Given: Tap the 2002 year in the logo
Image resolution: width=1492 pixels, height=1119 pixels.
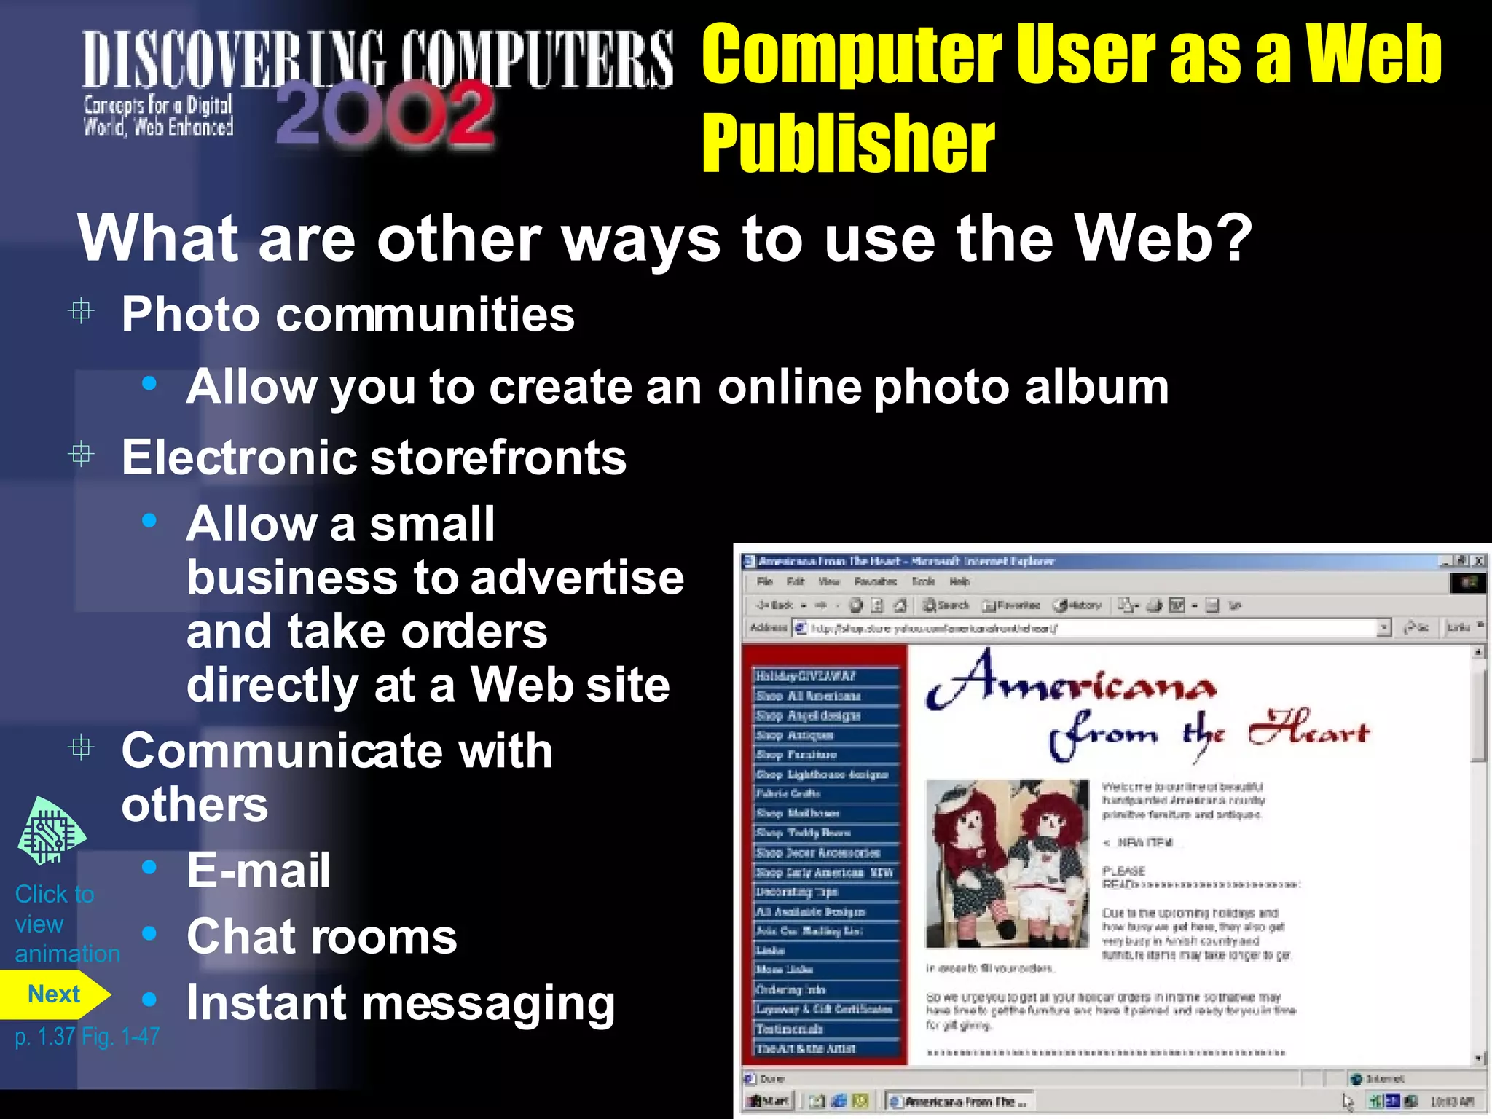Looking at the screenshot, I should click(385, 115).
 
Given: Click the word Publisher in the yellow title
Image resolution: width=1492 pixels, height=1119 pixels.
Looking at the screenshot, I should click(848, 144).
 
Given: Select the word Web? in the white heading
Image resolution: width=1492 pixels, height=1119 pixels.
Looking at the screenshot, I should click(1163, 238).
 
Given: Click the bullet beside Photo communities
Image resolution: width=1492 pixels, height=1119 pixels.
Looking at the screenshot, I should click(81, 312).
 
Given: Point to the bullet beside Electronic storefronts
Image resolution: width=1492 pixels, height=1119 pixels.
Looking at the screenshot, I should click(81, 455).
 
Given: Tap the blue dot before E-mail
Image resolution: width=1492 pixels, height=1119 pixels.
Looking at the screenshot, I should click(149, 867).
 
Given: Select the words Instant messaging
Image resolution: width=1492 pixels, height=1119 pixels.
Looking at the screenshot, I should click(401, 1004).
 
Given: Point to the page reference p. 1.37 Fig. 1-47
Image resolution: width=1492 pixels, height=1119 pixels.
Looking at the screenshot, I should click(87, 1036).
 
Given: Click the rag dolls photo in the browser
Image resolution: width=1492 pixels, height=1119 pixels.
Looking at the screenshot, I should click(1007, 864).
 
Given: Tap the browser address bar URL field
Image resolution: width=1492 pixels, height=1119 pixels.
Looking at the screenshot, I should click(1085, 628).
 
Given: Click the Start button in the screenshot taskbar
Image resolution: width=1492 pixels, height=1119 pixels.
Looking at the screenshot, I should click(768, 1102).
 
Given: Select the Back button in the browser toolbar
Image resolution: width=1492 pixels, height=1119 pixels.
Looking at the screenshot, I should click(774, 605).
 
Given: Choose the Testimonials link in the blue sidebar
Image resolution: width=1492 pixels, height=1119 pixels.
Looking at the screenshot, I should click(790, 1029).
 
